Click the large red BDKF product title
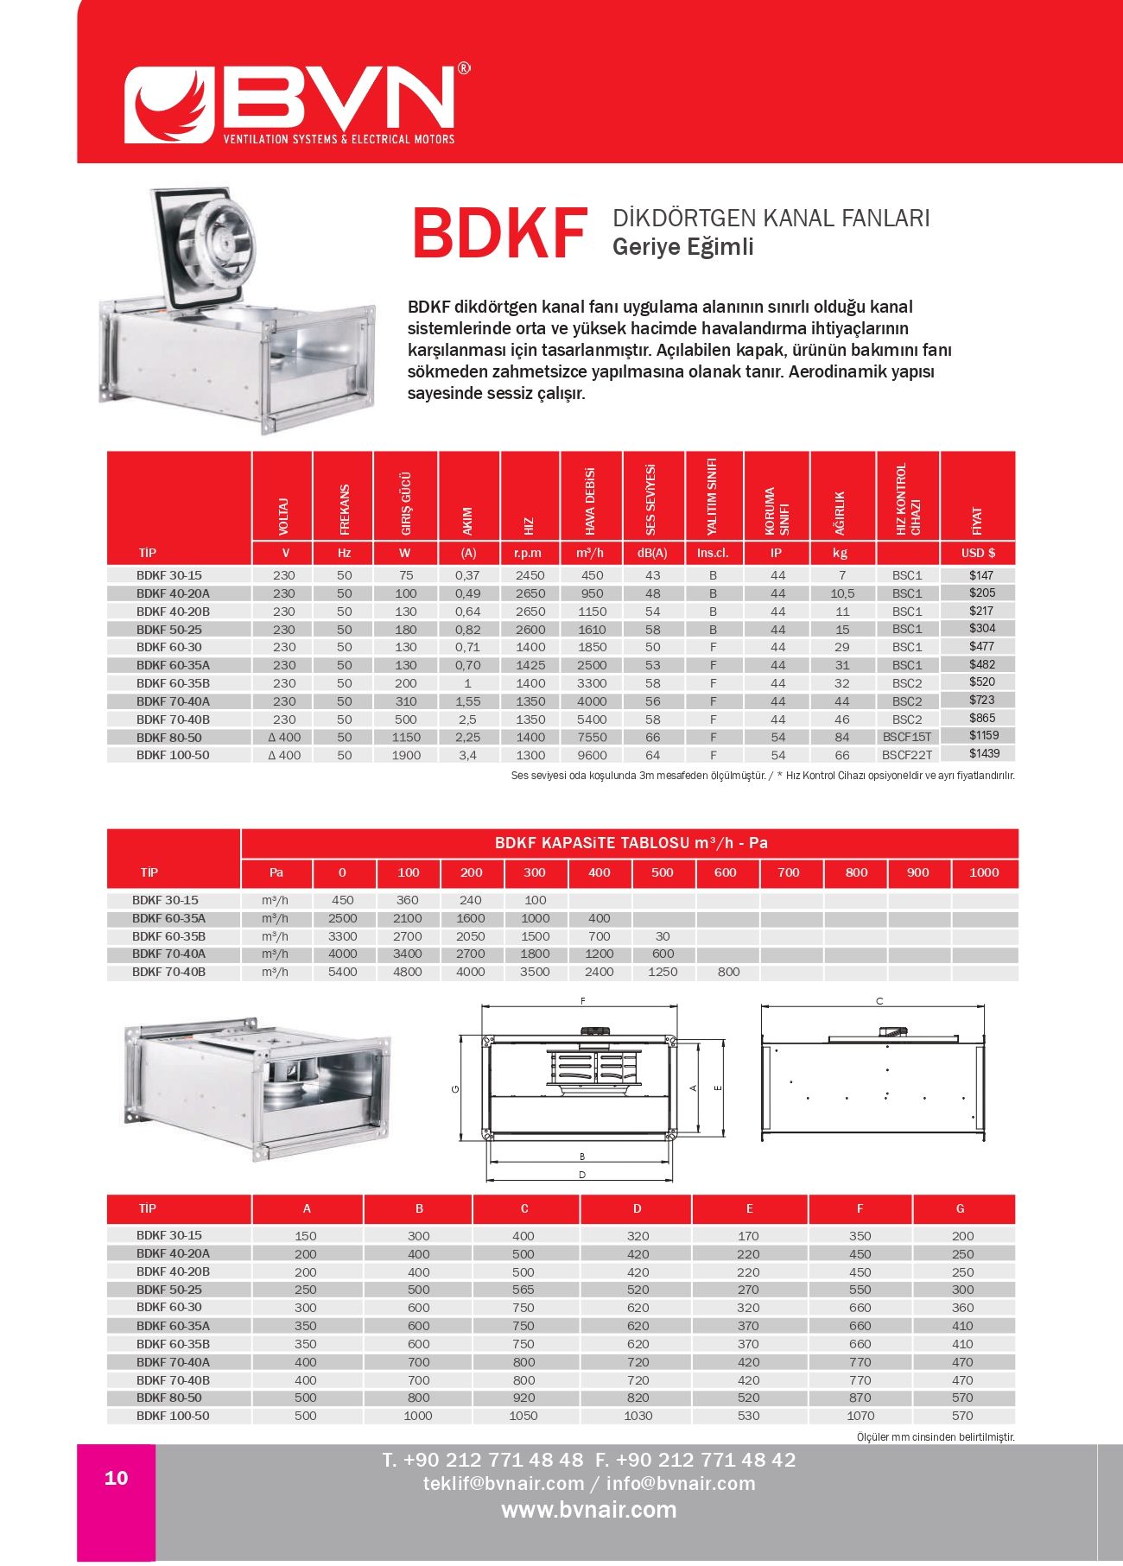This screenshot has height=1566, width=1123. (500, 234)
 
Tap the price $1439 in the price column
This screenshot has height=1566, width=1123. (983, 753)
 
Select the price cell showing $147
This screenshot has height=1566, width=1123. (981, 575)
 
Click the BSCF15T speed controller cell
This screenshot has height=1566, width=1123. (907, 737)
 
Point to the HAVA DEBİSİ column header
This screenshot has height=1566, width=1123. (591, 501)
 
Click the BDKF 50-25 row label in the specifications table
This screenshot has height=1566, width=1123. (169, 630)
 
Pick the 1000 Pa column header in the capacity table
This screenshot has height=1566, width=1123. (984, 872)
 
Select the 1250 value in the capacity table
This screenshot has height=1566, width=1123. (663, 972)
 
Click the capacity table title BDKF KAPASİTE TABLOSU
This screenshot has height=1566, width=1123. (631, 843)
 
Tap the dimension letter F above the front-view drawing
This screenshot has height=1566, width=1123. (583, 1001)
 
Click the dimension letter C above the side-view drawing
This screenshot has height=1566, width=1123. (879, 1001)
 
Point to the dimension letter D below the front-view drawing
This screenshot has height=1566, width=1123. (582, 1175)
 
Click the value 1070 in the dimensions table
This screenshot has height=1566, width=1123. (860, 1416)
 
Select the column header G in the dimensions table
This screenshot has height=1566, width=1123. (960, 1208)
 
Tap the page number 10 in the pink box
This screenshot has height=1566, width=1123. (117, 1478)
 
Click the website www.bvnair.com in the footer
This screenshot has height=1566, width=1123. (589, 1510)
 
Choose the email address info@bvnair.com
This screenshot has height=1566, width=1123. (681, 1484)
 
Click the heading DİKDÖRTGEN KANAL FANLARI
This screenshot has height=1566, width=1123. (771, 218)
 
